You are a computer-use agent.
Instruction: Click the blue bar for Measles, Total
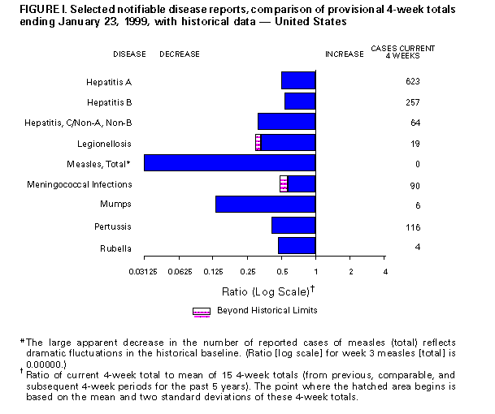[229, 163]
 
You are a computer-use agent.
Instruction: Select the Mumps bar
[265, 204]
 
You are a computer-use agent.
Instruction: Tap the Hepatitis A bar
[298, 81]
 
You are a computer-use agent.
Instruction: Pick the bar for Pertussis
[293, 225]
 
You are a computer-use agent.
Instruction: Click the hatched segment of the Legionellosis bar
[258, 143]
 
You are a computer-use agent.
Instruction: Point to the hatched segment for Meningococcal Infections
[284, 183]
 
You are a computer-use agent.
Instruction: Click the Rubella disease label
[115, 246]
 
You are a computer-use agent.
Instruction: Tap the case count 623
[412, 82]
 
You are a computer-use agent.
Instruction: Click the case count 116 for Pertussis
[412, 226]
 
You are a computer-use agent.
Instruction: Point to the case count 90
[415, 184]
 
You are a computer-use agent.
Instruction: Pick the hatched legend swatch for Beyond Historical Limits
[201, 311]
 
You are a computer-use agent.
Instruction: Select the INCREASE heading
[344, 54]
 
